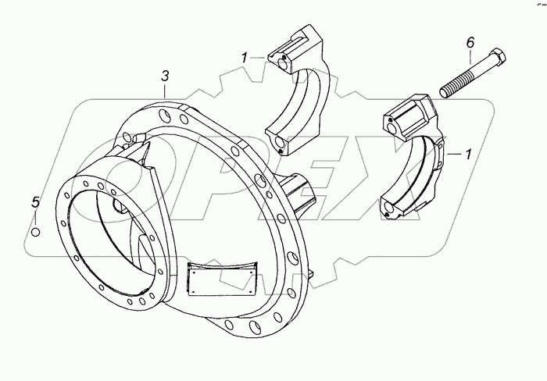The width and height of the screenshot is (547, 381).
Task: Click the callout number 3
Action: click(x=165, y=76)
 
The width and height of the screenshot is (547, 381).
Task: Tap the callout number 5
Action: click(x=34, y=203)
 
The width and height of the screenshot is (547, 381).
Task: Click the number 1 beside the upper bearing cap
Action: click(x=245, y=57)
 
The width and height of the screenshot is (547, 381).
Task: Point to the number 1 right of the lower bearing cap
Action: click(x=468, y=155)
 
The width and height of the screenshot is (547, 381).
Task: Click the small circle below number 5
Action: click(x=35, y=231)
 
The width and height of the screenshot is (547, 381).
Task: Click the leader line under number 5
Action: click(x=35, y=217)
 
